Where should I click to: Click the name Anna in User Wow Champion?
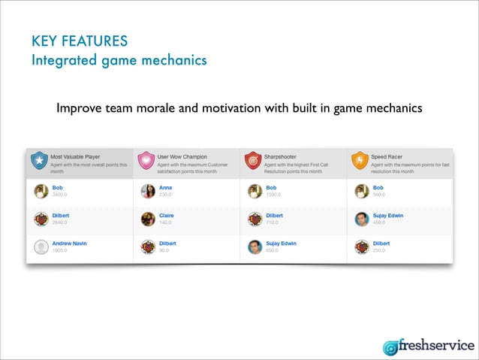166,187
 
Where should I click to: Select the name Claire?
167,216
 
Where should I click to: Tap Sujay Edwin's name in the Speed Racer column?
388,216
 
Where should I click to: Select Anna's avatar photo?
147,191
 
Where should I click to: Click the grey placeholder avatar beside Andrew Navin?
41,247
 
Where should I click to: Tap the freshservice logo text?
439,346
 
